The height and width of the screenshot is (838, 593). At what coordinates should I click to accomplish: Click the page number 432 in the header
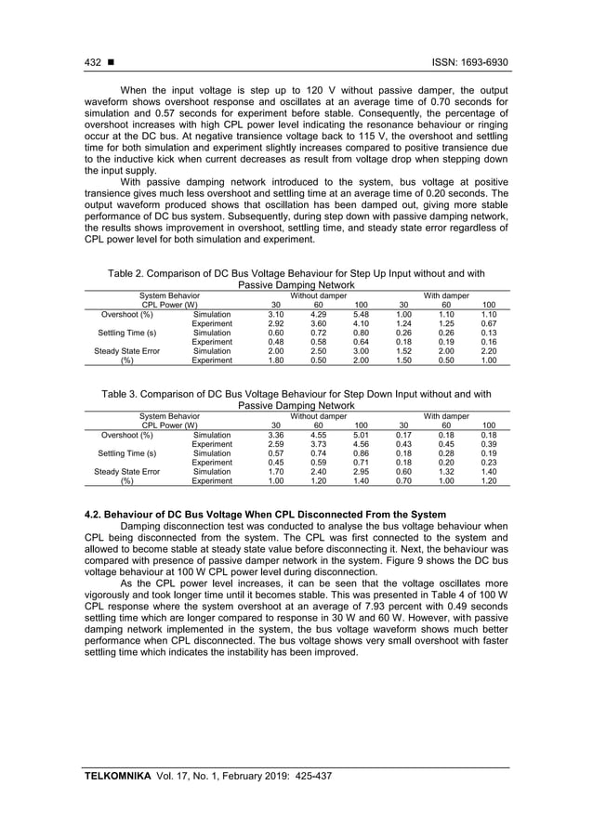pos(93,62)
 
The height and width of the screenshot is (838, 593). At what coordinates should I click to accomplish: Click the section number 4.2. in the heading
pos(96,514)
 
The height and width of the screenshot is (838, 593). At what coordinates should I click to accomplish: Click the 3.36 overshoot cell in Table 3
pos(276,435)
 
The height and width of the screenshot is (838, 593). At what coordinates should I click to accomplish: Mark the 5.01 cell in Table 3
pos(361,435)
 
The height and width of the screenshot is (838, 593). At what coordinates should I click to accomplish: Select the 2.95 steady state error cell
pos(361,472)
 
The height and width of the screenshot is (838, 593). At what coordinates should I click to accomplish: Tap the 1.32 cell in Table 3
pos(445,472)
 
